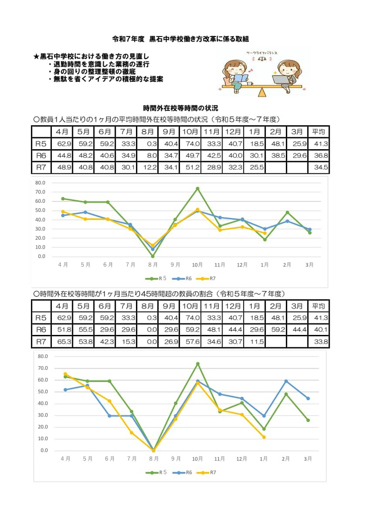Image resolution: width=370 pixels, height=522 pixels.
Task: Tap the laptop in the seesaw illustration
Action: pos(280,79)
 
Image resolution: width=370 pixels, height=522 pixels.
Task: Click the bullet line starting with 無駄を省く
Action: pos(105,79)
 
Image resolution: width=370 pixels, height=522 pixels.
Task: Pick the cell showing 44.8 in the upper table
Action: pos(62,155)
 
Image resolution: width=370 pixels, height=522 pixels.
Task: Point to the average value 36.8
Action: pos(319,155)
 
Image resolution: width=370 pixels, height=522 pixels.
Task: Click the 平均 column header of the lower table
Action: pos(319,306)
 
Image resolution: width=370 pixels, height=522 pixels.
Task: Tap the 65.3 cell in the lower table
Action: pos(62,342)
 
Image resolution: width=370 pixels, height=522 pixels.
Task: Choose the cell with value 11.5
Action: pos(255,342)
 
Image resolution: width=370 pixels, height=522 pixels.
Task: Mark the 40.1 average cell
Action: pos(319,330)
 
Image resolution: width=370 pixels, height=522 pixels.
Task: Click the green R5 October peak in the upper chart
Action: pos(197,188)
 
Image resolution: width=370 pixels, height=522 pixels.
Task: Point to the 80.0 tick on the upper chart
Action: pos(40,182)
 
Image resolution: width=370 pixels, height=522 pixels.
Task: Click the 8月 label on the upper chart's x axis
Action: pos(153,265)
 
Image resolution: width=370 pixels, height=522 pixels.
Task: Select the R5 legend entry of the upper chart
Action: pos(156,279)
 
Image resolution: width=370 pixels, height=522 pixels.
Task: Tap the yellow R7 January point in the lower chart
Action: pos(264,437)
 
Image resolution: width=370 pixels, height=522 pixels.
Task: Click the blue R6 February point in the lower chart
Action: pos(286,381)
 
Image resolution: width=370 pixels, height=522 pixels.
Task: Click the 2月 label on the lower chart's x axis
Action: pos(286,459)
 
